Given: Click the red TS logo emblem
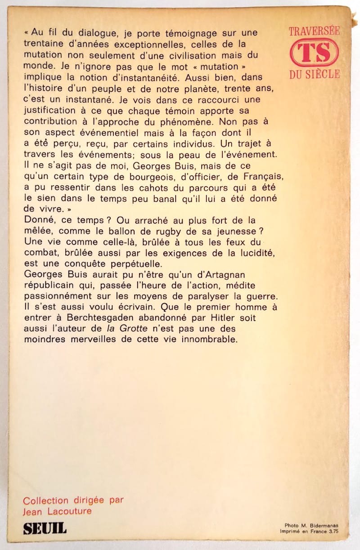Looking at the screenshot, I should point(314,52).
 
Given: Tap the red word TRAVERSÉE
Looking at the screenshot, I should point(314,31).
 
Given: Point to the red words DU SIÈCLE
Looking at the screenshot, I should point(314,74).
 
